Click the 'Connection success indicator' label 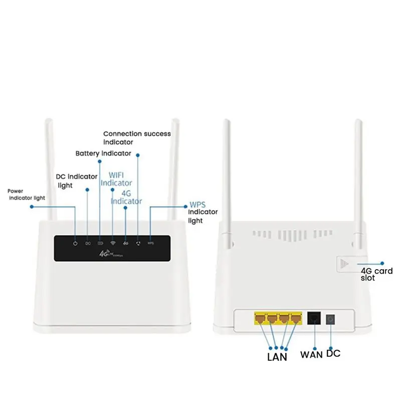(x=136, y=138)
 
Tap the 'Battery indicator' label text (x=103, y=153)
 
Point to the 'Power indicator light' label (x=26, y=194)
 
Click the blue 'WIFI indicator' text (x=116, y=179)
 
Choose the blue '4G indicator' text (x=126, y=197)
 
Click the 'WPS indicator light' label (x=203, y=213)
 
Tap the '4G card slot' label (x=376, y=274)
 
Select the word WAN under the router (x=311, y=355)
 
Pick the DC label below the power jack (x=333, y=354)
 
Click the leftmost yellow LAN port (x=260, y=318)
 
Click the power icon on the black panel (x=75, y=243)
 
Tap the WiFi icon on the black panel (x=113, y=243)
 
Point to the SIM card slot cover (x=344, y=264)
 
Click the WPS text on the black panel (x=150, y=243)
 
